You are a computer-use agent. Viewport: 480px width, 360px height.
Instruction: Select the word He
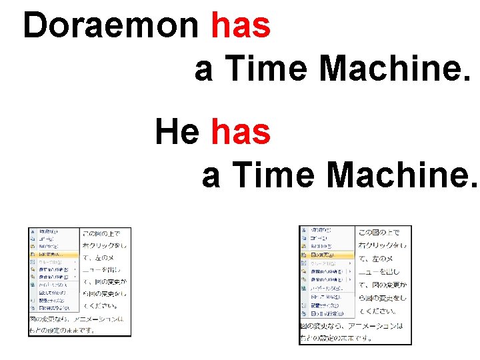(177, 131)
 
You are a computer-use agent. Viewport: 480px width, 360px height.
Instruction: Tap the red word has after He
(241, 131)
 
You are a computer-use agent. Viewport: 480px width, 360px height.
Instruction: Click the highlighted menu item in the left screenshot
(53, 254)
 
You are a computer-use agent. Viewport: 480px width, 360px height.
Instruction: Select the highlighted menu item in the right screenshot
(327, 255)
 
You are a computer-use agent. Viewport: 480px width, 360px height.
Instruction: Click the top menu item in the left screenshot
(53, 231)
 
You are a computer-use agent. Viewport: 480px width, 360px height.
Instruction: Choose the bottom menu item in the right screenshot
(327, 313)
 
